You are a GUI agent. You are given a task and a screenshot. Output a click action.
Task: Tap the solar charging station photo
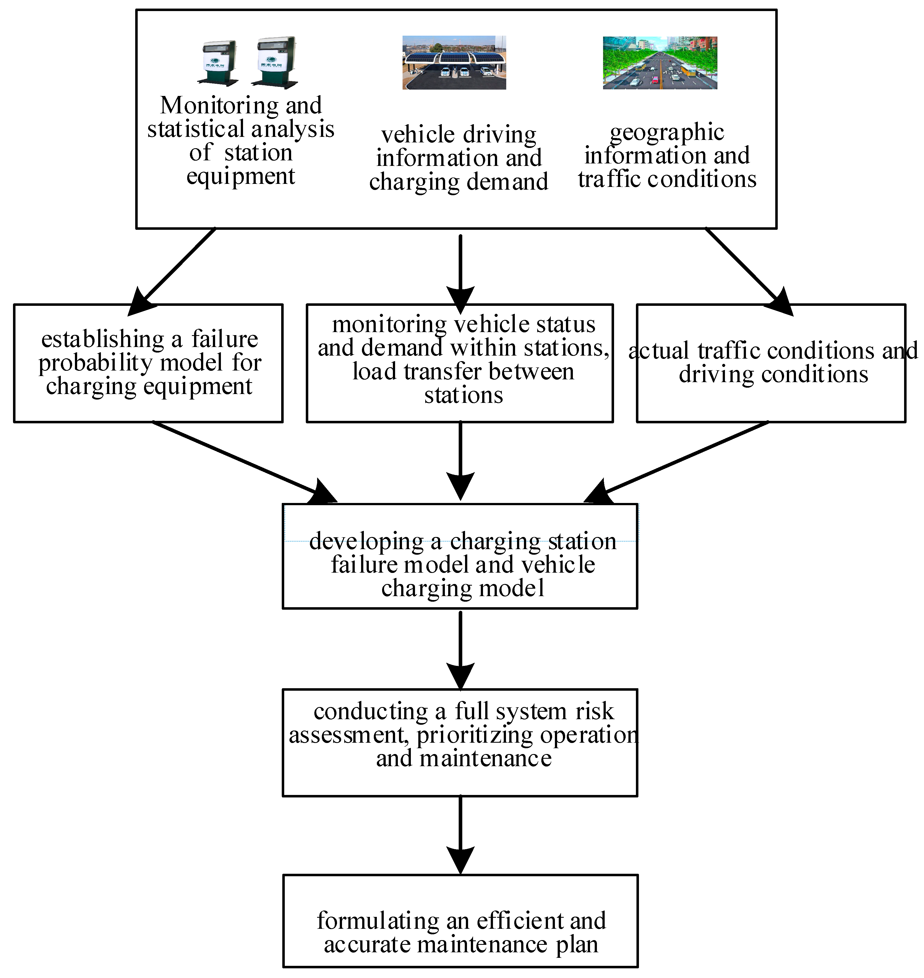pyautogui.click(x=454, y=62)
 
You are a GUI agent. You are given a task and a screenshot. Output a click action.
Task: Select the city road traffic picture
pyautogui.click(x=660, y=62)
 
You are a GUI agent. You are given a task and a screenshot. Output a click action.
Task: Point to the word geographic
pyautogui.click(x=667, y=132)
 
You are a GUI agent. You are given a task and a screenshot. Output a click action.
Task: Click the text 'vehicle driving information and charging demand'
pyautogui.click(x=459, y=158)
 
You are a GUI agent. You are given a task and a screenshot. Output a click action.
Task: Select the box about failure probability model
pyautogui.click(x=148, y=363)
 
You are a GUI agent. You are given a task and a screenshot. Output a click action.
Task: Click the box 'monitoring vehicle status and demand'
pyautogui.click(x=460, y=363)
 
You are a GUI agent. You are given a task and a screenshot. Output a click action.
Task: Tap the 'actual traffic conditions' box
pyautogui.click(x=771, y=363)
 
